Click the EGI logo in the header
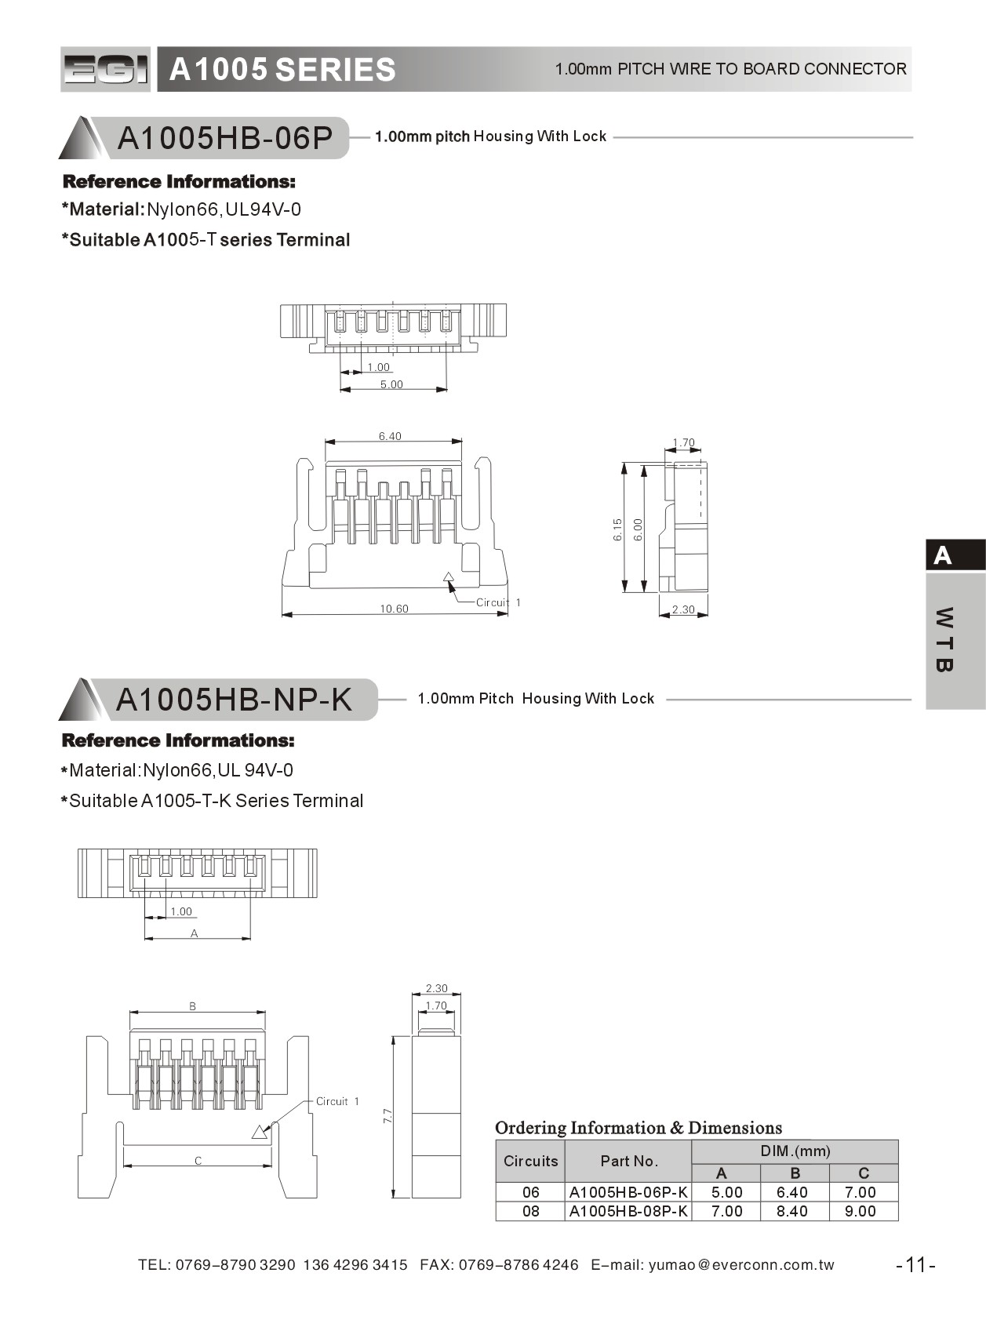[105, 70]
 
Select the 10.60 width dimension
[394, 609]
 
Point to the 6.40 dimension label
[390, 436]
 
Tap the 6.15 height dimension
[617, 529]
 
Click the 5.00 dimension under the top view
[391, 384]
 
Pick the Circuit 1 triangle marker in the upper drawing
[449, 578]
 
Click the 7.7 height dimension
[387, 1115]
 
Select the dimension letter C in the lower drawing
[198, 1161]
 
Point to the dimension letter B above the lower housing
[193, 1006]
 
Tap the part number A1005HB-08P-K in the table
[628, 1211]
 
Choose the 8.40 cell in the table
[792, 1211]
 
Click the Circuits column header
[530, 1161]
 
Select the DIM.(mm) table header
[795, 1151]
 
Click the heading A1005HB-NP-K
[234, 699]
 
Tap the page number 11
[915, 1265]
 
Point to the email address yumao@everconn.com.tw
[740, 1265]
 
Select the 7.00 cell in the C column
[860, 1192]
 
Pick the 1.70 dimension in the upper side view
[684, 443]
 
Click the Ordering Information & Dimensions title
[639, 1128]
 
